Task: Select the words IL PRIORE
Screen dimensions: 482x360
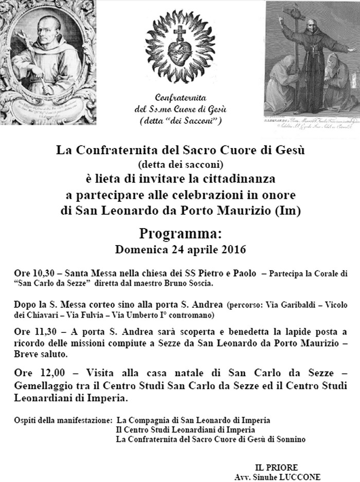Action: (x=276, y=467)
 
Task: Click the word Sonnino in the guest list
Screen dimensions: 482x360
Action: (x=291, y=439)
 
